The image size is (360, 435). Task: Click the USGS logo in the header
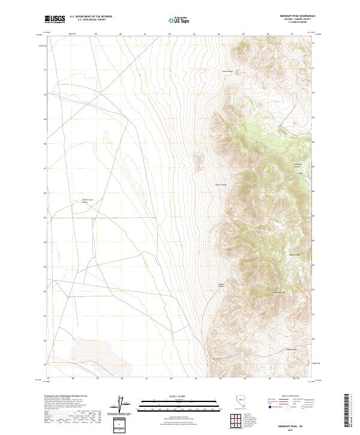(x=55, y=19)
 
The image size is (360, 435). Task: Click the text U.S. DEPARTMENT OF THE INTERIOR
(x=91, y=17)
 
